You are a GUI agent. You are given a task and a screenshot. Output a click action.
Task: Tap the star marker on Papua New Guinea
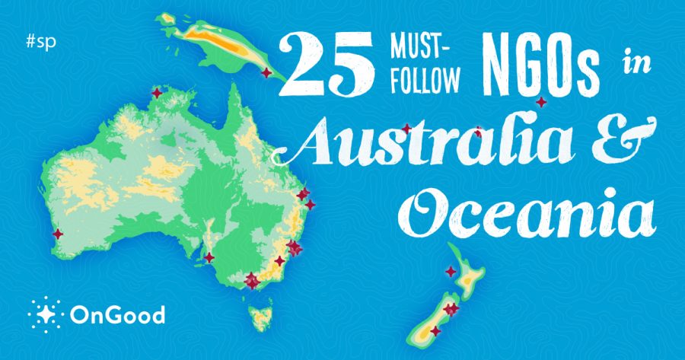tap(266, 72)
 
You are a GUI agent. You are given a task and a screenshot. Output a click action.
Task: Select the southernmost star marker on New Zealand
tap(435, 331)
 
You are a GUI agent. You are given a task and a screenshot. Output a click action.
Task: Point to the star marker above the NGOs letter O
tap(541, 102)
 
